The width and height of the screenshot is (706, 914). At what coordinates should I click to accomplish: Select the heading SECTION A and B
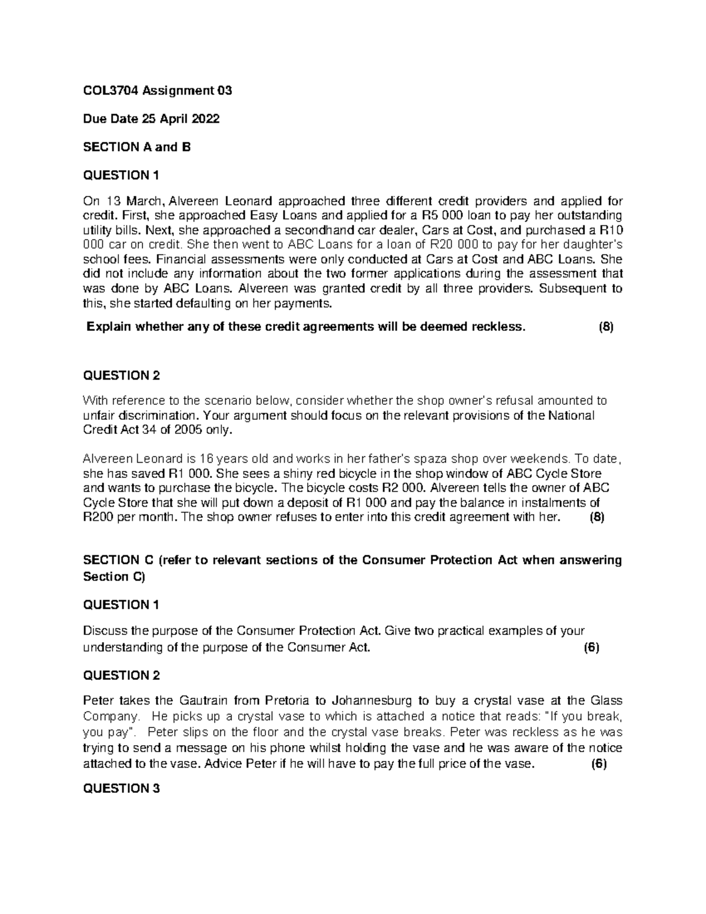tap(138, 147)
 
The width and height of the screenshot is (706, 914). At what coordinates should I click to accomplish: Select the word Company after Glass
tap(109, 716)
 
